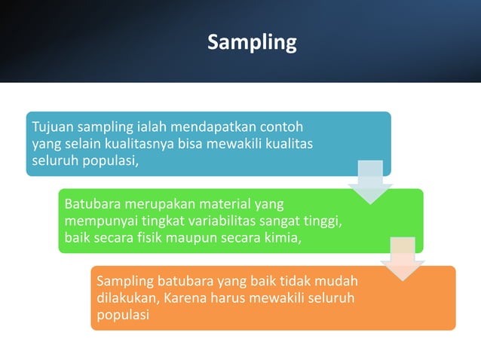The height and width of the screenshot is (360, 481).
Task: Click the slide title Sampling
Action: click(252, 42)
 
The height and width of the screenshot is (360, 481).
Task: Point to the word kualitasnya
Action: click(137, 143)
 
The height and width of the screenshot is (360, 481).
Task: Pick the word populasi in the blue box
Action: click(109, 160)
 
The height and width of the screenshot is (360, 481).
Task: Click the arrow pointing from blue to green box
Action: click(369, 182)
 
